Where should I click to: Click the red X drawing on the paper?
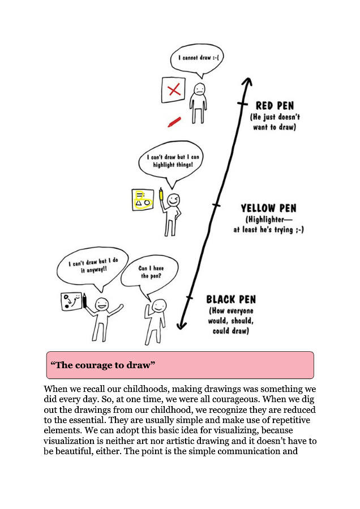pyautogui.click(x=175, y=89)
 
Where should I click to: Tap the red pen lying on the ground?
pyautogui.click(x=174, y=122)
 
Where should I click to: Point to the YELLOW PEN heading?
pyautogui.click(x=268, y=208)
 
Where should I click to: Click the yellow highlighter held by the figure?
pyautogui.click(x=161, y=195)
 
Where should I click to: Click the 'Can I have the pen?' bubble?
pyautogui.click(x=149, y=277)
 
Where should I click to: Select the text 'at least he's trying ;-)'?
pyautogui.click(x=268, y=230)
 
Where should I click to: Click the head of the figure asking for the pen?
pyautogui.click(x=160, y=307)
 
